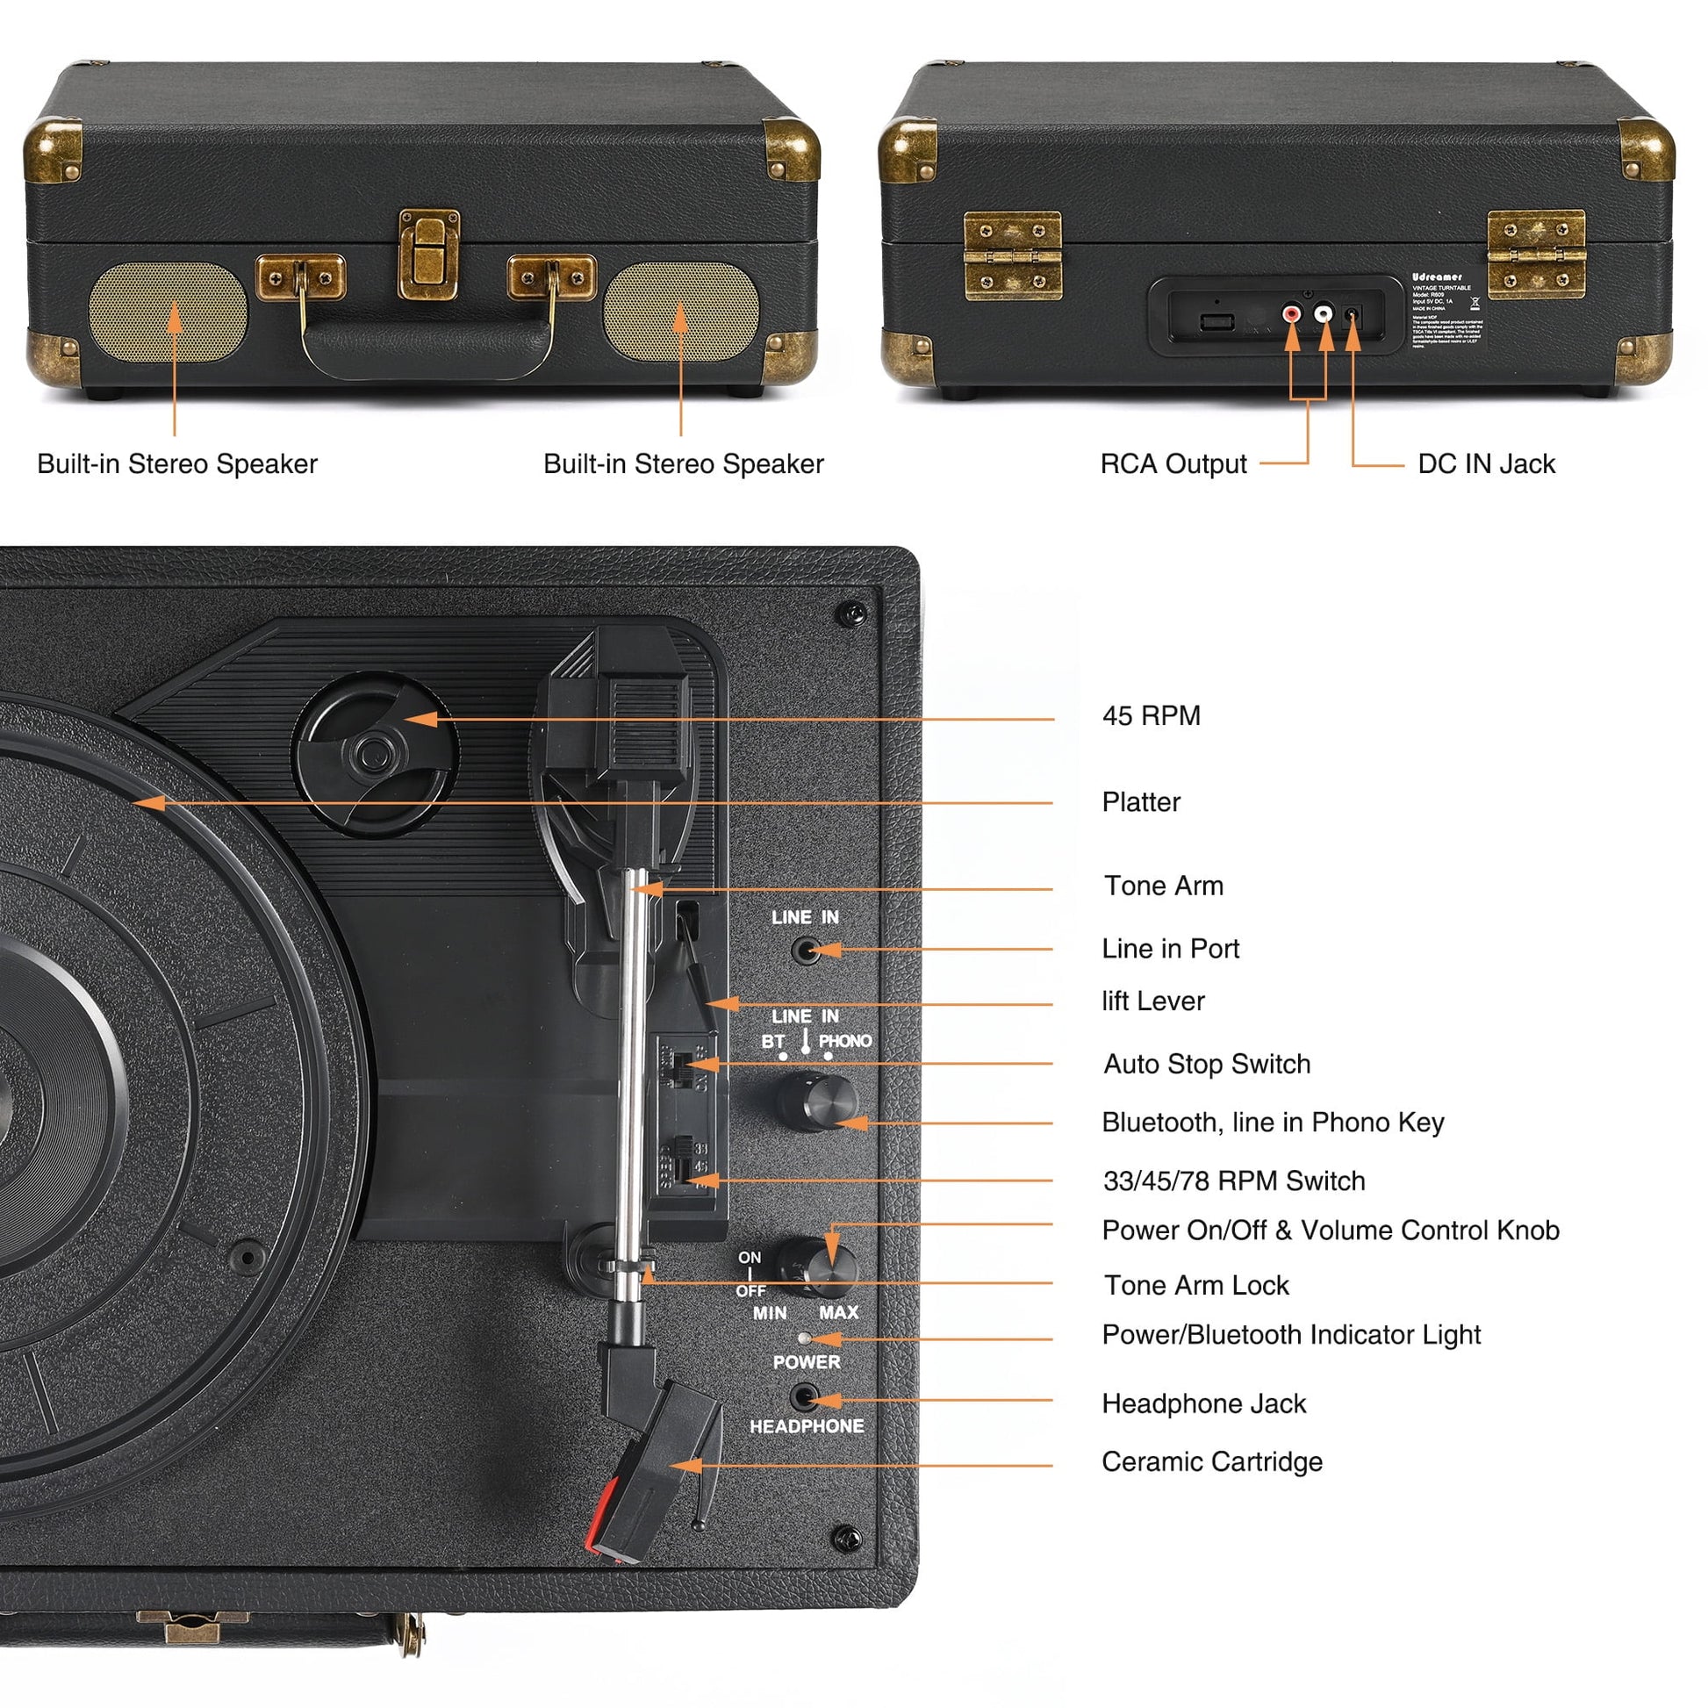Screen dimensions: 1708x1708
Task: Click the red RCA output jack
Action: pos(1293,313)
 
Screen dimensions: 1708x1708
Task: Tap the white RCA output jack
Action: pos(1324,313)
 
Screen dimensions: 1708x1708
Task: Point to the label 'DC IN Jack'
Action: pos(1486,464)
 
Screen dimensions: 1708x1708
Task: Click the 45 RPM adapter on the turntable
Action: pos(375,753)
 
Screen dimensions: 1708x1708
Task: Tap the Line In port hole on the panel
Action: pos(805,951)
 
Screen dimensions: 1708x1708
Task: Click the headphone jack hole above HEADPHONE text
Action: pos(805,1398)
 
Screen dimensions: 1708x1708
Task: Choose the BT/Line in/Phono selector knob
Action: pos(818,1102)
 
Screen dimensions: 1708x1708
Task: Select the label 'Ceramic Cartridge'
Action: pos(1212,1461)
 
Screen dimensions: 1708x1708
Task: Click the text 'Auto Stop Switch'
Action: pos(1207,1064)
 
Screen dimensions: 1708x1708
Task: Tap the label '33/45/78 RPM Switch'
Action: pos(1234,1181)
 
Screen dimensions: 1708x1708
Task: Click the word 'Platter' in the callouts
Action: pos(1140,802)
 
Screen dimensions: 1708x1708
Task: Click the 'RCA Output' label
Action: pos(1173,464)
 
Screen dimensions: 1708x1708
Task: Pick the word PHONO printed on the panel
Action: pos(844,1041)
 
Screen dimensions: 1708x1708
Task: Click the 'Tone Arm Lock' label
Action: pos(1196,1285)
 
